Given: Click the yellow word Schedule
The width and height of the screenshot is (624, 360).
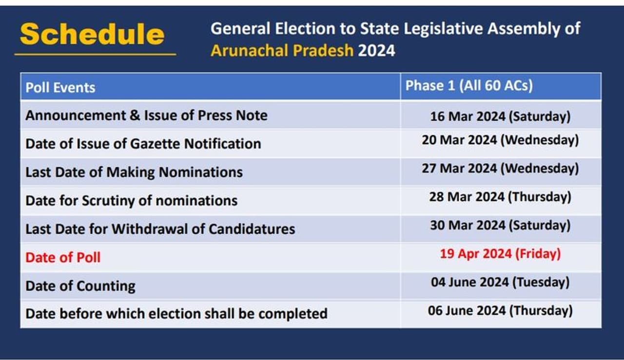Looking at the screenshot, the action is (92, 34).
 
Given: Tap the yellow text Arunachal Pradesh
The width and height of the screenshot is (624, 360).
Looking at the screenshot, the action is (282, 51).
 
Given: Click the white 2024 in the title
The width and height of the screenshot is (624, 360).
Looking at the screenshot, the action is (376, 50).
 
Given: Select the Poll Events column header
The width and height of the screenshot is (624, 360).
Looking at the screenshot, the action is (60, 87).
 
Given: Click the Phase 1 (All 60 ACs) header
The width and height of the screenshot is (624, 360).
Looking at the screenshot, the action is (469, 85).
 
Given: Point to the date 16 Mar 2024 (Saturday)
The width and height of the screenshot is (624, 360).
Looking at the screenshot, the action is (500, 116).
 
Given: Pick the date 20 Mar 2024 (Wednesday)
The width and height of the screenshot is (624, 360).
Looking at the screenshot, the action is (500, 140).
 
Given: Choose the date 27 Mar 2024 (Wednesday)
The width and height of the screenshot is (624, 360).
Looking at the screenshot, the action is (500, 169).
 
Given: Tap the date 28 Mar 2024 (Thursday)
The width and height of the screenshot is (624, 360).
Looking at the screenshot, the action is (500, 197).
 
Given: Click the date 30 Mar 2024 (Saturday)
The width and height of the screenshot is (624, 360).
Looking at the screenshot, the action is (500, 225).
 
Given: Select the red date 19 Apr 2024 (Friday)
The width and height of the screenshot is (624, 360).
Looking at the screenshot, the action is (500, 254).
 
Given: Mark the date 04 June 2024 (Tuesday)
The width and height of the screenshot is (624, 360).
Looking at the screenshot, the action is (500, 283).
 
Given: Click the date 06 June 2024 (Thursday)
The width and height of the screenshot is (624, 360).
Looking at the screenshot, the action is (500, 311).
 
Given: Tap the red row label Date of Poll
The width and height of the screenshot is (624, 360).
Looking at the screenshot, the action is (63, 257).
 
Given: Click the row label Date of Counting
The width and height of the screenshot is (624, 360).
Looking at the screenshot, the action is (80, 286).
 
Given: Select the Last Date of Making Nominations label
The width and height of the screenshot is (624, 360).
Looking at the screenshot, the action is (134, 172).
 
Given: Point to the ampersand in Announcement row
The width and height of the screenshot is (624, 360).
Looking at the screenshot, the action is (135, 115).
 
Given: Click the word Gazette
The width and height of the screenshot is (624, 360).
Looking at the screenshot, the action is (155, 144).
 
